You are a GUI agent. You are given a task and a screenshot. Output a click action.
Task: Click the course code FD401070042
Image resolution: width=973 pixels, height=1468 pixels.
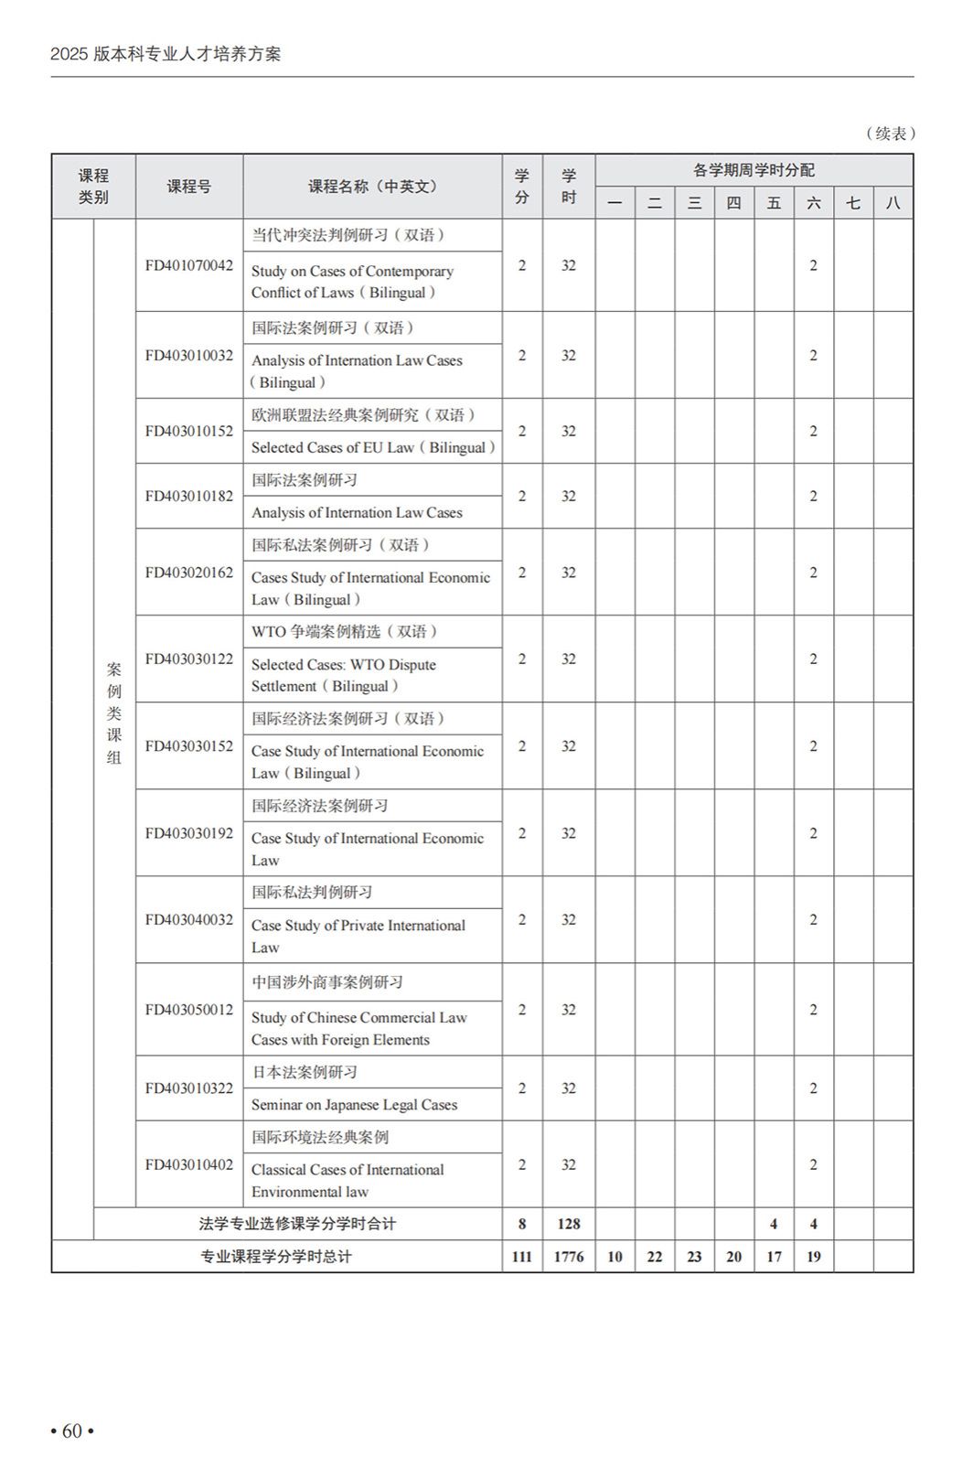click(189, 266)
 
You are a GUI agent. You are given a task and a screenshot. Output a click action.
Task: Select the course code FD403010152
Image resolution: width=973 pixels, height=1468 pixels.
click(189, 431)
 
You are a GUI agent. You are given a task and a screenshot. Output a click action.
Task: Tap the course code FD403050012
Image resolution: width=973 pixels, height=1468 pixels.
click(189, 1010)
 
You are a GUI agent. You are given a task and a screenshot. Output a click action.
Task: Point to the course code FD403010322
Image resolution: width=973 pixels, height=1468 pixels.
click(189, 1088)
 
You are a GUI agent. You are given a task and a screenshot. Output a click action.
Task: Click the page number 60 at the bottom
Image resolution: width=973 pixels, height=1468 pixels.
click(72, 1431)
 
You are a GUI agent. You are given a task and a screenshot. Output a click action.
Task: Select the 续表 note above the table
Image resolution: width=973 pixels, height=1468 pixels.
click(890, 134)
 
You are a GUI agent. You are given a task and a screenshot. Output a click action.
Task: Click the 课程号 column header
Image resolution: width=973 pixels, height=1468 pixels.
click(189, 187)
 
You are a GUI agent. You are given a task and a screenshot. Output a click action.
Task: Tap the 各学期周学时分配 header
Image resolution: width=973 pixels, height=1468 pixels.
click(754, 170)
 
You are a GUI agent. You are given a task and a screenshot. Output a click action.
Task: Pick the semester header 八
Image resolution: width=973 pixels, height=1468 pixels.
click(893, 203)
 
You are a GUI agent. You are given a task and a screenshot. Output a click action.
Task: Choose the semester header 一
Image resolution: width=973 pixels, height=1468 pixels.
click(615, 203)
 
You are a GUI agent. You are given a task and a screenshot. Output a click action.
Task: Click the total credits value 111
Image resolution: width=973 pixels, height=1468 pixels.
click(521, 1257)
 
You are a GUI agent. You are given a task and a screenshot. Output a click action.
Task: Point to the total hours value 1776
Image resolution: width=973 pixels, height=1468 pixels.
click(568, 1257)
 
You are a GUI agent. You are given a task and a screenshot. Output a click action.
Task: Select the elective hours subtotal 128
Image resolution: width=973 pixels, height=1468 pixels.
click(568, 1224)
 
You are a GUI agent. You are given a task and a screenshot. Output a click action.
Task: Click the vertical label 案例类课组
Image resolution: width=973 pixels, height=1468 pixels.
click(114, 713)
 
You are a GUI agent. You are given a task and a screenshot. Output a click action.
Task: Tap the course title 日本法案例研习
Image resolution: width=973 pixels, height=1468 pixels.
click(305, 1072)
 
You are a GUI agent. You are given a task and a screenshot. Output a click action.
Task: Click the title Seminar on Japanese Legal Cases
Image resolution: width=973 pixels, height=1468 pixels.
click(355, 1105)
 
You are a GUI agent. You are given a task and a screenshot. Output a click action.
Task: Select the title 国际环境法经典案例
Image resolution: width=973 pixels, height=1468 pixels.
click(320, 1137)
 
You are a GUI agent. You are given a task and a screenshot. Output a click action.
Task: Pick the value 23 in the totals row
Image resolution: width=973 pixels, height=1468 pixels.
click(694, 1257)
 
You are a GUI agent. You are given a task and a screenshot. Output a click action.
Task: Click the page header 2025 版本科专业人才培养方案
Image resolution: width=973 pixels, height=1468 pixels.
click(166, 54)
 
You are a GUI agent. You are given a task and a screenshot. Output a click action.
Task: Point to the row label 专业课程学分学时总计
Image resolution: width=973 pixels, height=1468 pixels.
click(276, 1257)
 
